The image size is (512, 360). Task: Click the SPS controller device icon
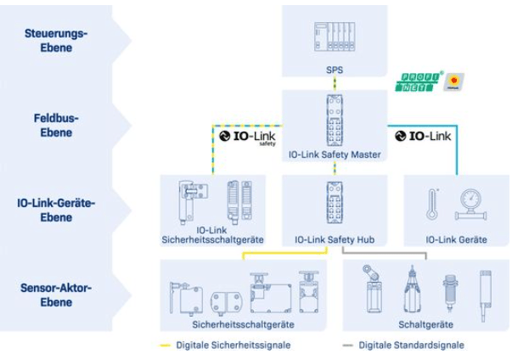(x=334, y=39)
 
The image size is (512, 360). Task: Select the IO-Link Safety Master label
(x=334, y=155)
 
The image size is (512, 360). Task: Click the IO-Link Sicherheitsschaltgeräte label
(x=212, y=235)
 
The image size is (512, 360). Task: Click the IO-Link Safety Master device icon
(x=334, y=121)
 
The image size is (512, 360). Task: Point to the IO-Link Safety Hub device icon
(x=334, y=206)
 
